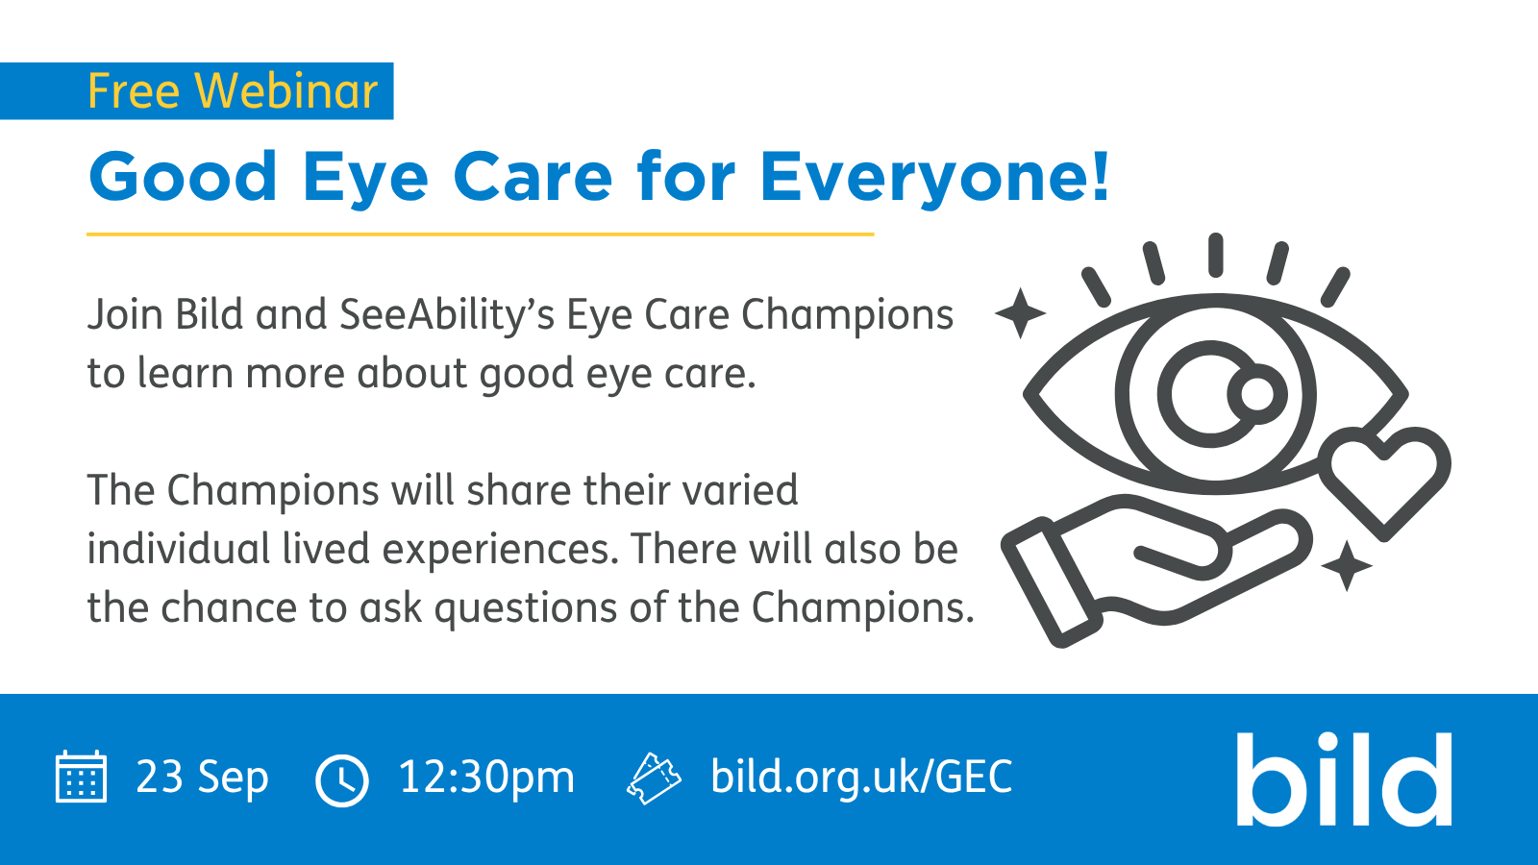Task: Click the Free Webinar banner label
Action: tap(232, 90)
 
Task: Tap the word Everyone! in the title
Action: tap(934, 178)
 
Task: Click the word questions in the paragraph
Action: tap(526, 608)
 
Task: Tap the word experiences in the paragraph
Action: tap(496, 550)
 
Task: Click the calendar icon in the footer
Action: tap(81, 777)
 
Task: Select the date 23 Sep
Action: tap(202, 778)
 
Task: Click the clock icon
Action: tap(342, 780)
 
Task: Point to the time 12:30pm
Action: tap(486, 778)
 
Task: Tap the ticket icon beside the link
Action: tap(654, 778)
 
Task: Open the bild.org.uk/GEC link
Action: tap(861, 778)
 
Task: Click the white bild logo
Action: tap(1344, 779)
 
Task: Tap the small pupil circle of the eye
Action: tap(1257, 394)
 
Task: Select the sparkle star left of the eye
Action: tap(1020, 313)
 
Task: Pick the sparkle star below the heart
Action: tap(1347, 566)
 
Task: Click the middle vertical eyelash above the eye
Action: tap(1215, 256)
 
